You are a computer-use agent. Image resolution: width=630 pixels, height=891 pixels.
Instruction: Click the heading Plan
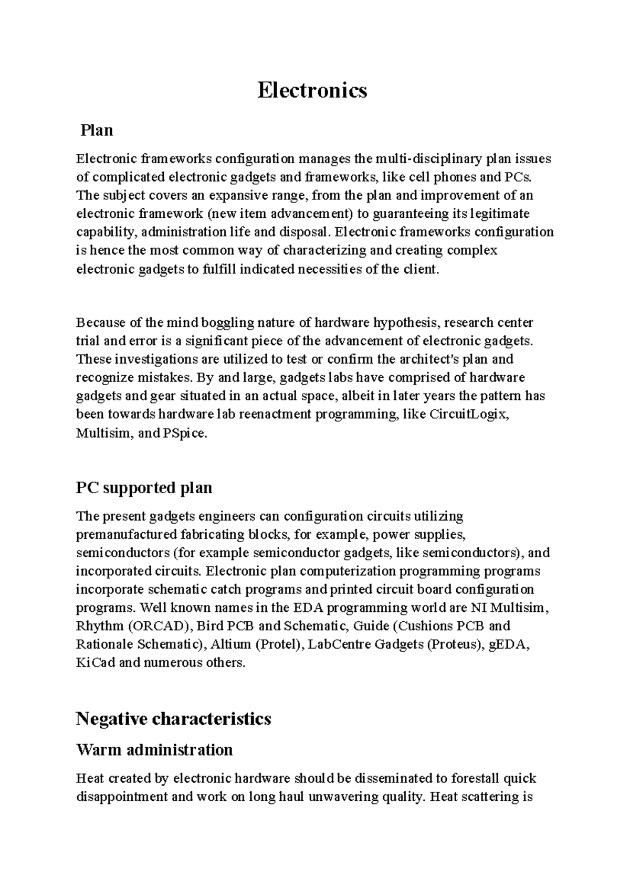[97, 130]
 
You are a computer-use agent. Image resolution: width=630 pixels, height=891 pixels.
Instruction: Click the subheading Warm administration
[154, 749]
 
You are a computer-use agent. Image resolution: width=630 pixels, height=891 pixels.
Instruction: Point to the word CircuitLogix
[468, 415]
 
